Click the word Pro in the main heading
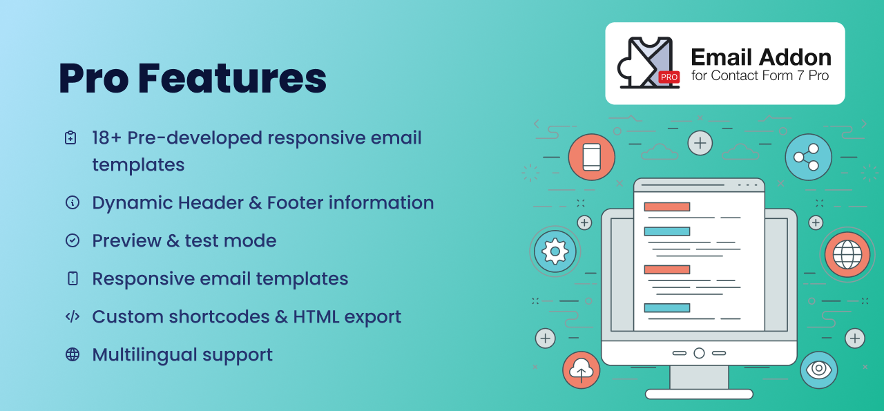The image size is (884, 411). (94, 78)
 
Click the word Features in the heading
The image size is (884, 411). (233, 78)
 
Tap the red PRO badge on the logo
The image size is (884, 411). (669, 77)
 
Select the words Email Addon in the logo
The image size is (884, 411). (761, 57)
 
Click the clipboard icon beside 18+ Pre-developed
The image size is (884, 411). (70, 137)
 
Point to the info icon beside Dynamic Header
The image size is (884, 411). (73, 202)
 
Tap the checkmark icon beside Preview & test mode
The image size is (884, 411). (73, 240)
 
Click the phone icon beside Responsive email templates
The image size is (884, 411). (73, 278)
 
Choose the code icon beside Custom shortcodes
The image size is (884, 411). (73, 316)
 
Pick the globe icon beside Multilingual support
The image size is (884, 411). (73, 354)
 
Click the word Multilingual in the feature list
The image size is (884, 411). (144, 355)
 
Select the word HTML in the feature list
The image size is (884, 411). (316, 316)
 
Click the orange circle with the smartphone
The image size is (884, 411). (592, 157)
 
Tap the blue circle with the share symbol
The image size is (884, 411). (808, 157)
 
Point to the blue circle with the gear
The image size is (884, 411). (555, 251)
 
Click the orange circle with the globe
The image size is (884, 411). (847, 255)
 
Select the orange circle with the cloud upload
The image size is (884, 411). (581, 370)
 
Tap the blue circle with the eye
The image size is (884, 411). (818, 370)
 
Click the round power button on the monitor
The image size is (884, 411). (699, 353)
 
